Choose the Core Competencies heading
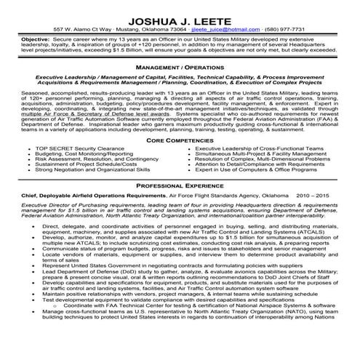pyautogui.click(x=179, y=139)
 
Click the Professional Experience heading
pyautogui.click(x=180, y=185)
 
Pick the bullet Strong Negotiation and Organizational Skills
pyautogui.click(x=93, y=171)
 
